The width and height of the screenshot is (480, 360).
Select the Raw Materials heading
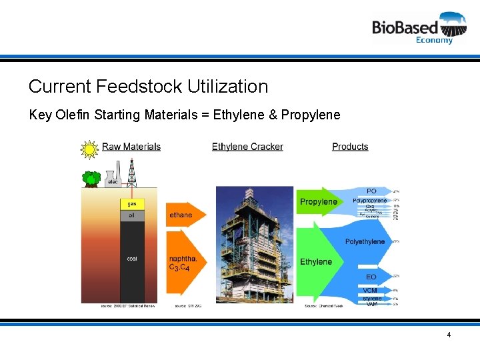(x=131, y=147)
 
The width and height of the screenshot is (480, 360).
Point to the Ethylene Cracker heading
(x=247, y=147)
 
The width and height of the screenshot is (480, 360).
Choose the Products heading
(x=350, y=147)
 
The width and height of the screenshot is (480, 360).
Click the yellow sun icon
(x=89, y=149)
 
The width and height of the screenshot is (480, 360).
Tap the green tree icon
(x=91, y=178)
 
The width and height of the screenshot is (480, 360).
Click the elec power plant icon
(x=113, y=179)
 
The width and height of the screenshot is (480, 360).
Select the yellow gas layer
(x=131, y=203)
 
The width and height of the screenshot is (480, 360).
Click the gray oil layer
(x=131, y=215)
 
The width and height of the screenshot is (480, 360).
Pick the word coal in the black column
(x=131, y=259)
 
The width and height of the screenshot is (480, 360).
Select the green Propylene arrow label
(x=318, y=202)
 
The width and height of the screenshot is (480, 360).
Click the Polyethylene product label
(x=365, y=241)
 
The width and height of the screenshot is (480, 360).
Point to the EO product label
(x=371, y=277)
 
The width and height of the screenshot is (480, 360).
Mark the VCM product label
(x=371, y=290)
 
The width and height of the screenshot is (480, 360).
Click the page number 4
(x=449, y=335)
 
